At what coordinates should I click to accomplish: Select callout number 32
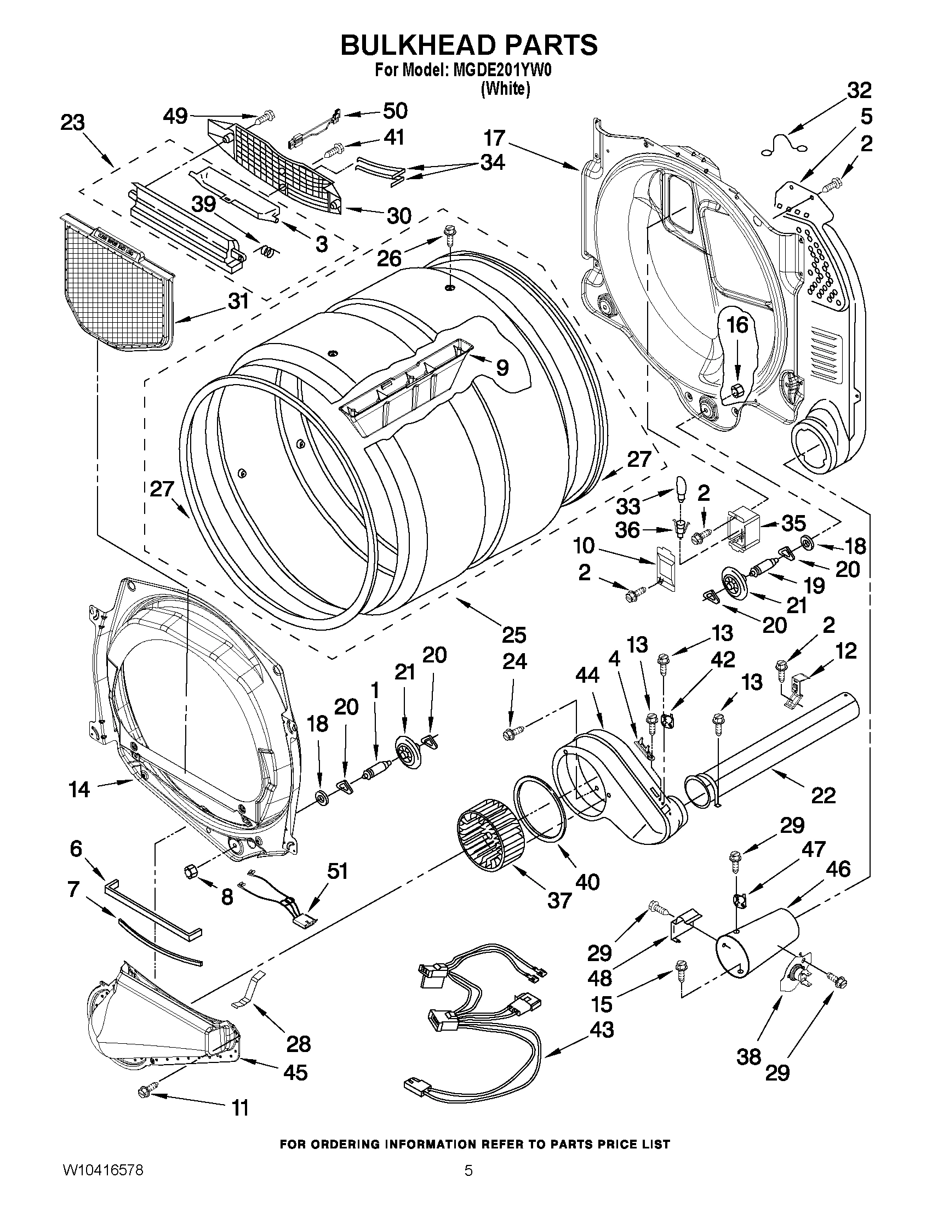[x=859, y=90]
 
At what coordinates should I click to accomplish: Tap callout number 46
[x=838, y=870]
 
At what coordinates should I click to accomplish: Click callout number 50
[x=395, y=111]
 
